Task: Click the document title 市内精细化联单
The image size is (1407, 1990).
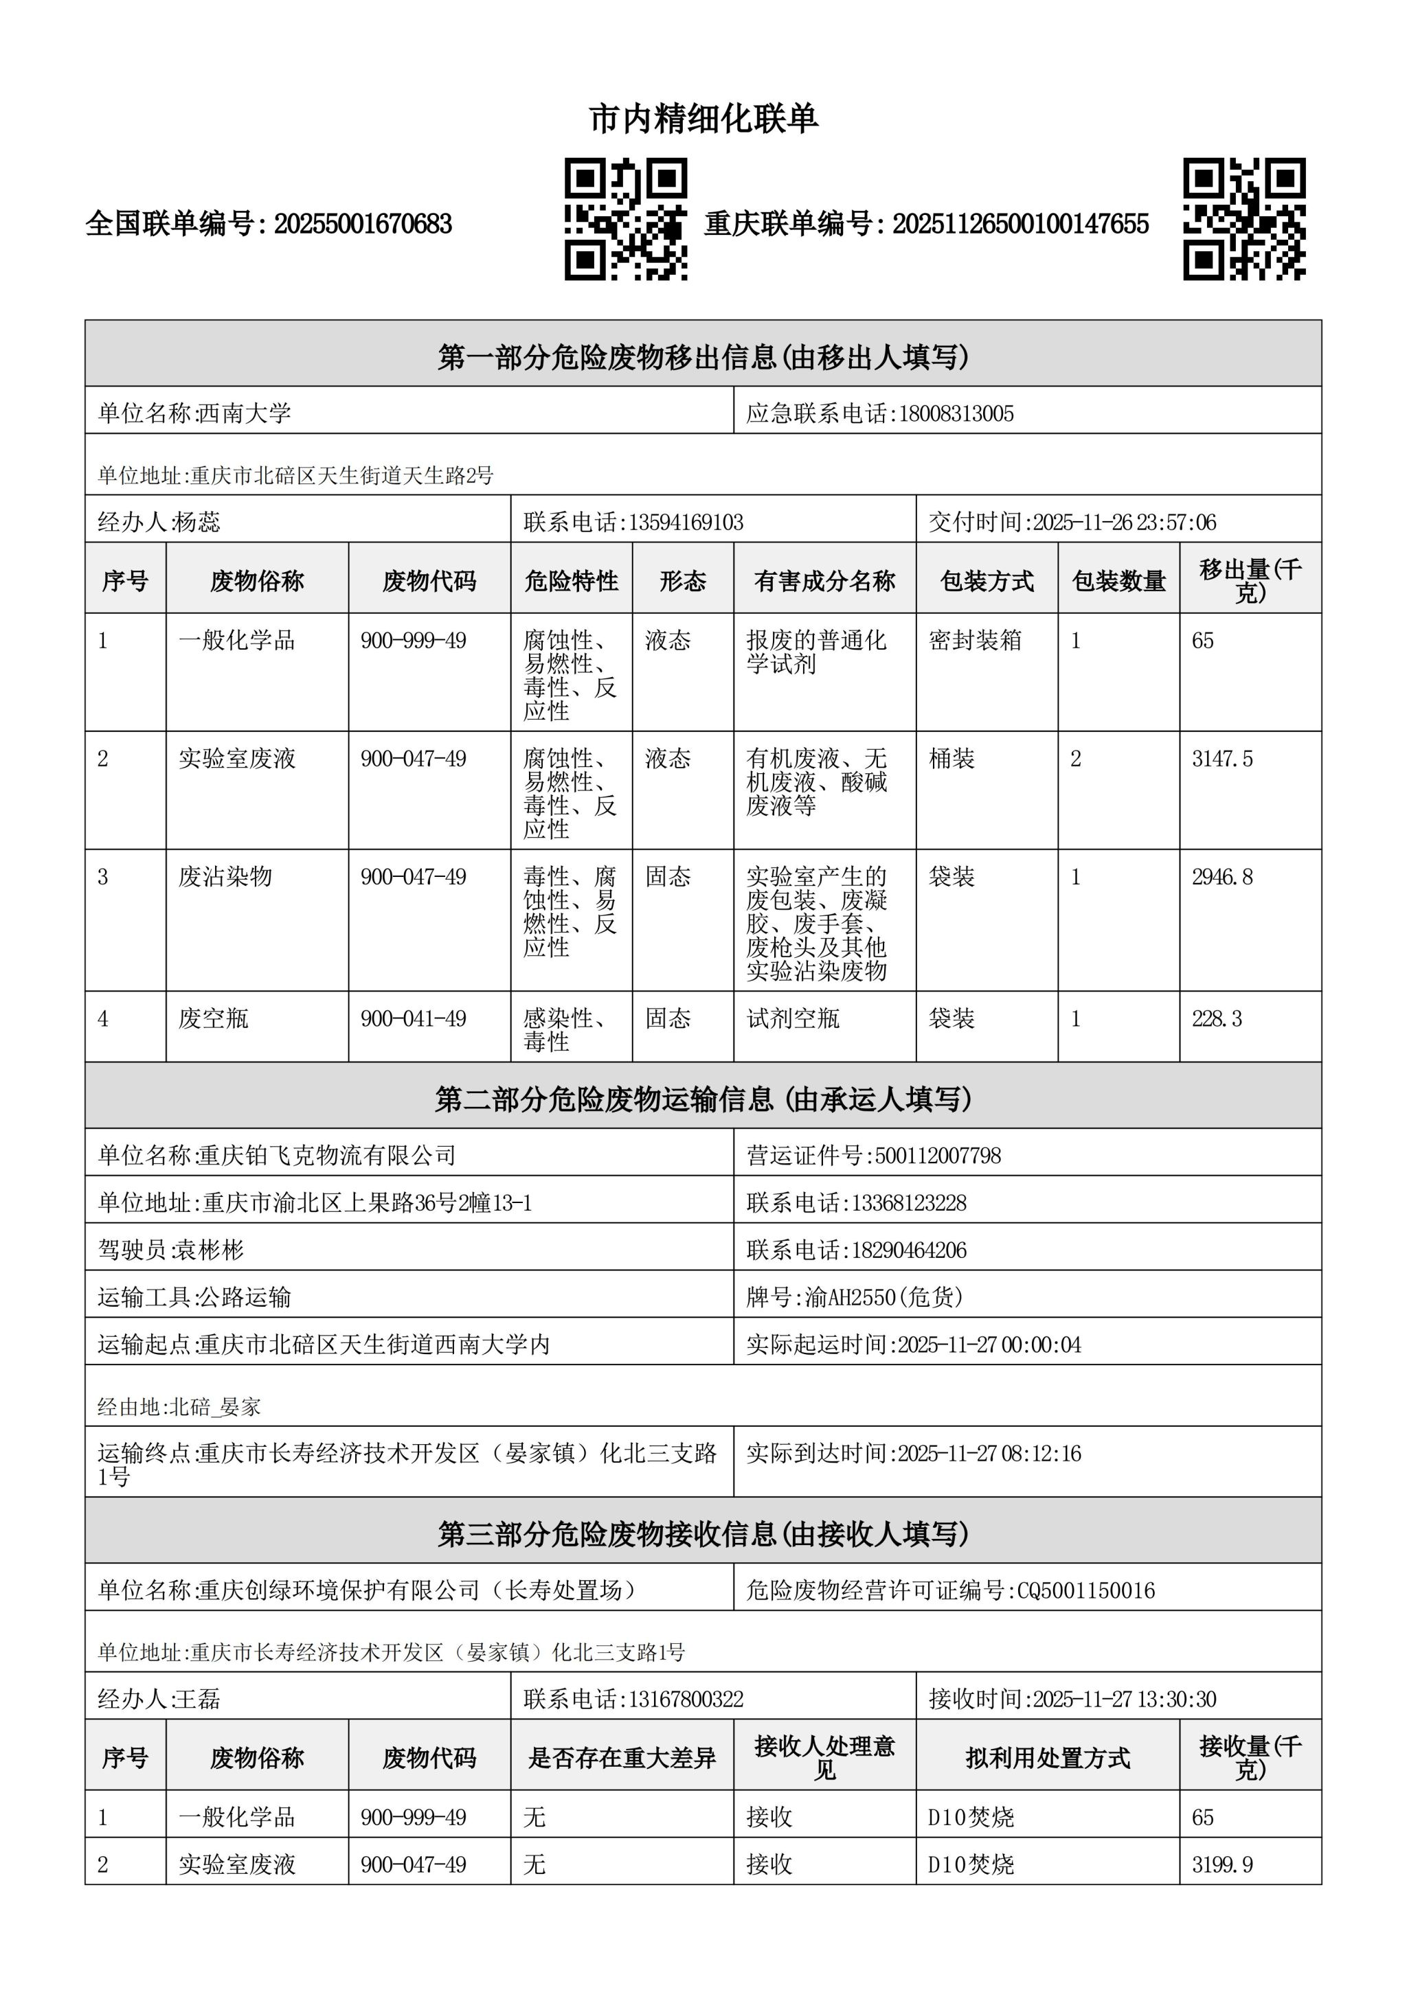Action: pyautogui.click(x=703, y=119)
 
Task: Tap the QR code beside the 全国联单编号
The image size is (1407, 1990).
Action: pyautogui.click(x=626, y=219)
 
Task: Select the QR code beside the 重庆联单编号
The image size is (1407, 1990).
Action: pyautogui.click(x=1244, y=219)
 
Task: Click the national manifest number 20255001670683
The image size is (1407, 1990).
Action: pyautogui.click(x=363, y=225)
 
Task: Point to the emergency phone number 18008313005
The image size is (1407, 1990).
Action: pyautogui.click(x=956, y=413)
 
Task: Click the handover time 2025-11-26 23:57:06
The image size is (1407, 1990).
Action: pyautogui.click(x=1125, y=523)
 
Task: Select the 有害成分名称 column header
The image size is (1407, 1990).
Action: pyautogui.click(x=824, y=581)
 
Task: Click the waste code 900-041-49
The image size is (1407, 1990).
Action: pyautogui.click(x=414, y=1018)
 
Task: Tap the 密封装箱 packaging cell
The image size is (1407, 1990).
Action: pyautogui.click(x=976, y=641)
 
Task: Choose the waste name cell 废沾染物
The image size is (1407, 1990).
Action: pyautogui.click(x=225, y=877)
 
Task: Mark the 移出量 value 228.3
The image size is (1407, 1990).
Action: pyautogui.click(x=1217, y=1018)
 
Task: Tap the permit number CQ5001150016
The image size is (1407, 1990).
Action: pyautogui.click(x=1086, y=1590)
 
